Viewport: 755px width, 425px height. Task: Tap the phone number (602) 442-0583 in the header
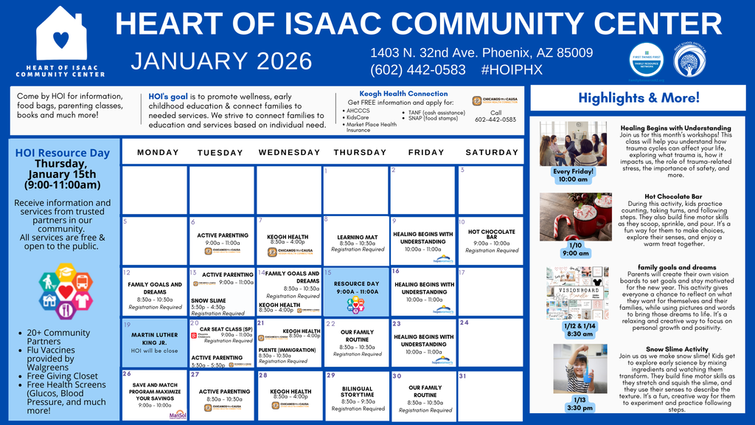(x=418, y=70)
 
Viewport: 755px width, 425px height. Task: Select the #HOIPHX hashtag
(x=511, y=70)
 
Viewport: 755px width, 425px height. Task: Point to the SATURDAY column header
(x=491, y=153)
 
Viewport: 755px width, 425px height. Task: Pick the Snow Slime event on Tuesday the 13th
(x=209, y=301)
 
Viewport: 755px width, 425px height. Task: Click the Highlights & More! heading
(x=639, y=97)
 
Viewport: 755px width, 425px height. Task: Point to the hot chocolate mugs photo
(x=574, y=216)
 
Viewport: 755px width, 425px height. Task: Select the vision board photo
(x=576, y=292)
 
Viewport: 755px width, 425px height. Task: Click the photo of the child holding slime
(x=579, y=368)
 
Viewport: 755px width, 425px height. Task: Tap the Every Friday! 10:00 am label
(x=573, y=175)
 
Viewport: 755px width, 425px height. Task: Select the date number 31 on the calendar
(x=463, y=376)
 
